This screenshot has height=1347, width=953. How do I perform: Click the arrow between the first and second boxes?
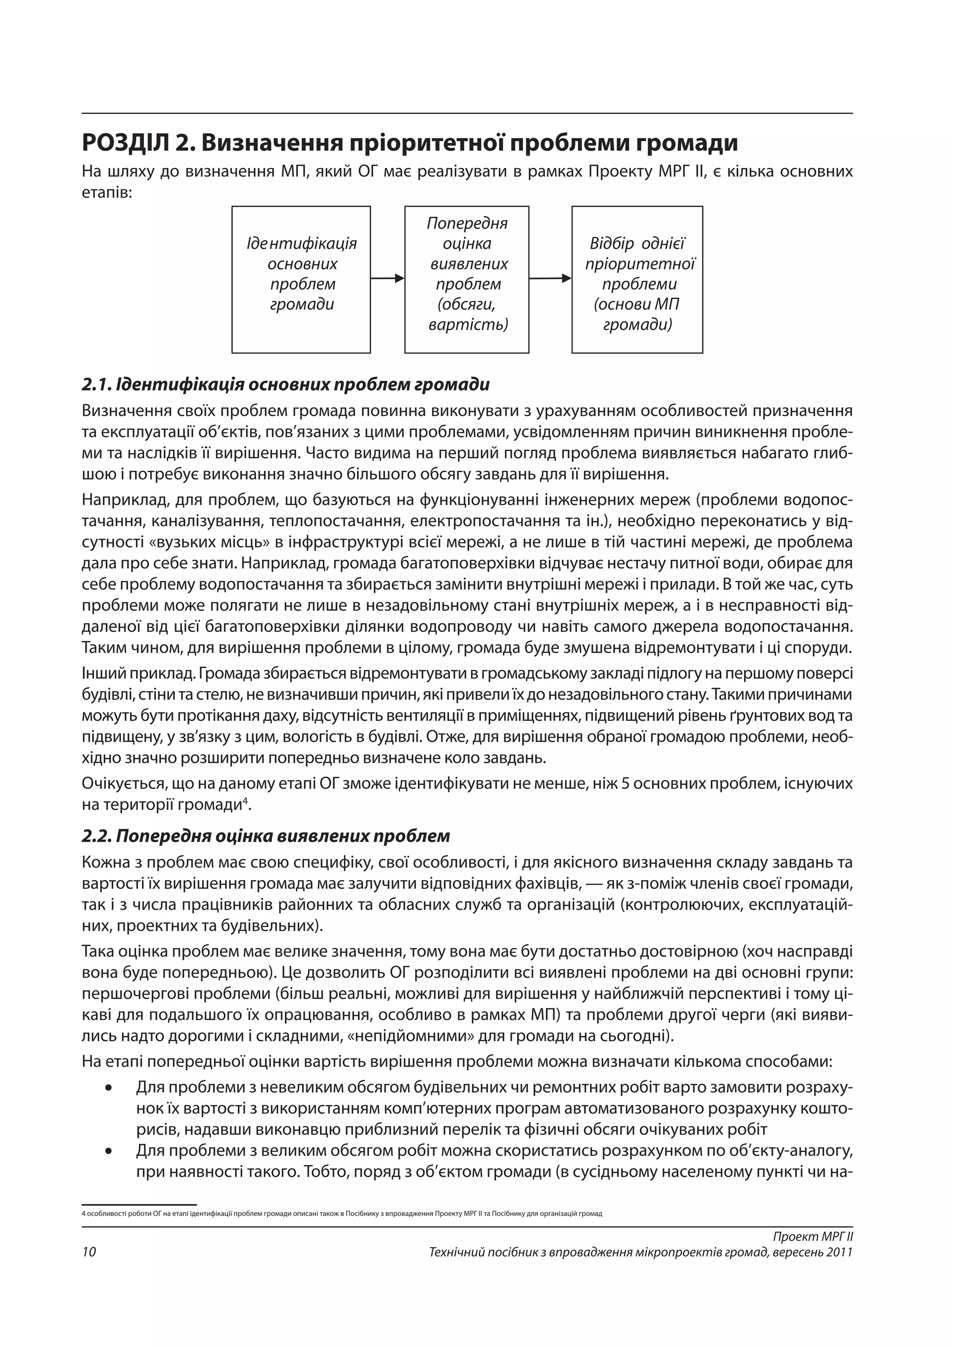(x=387, y=278)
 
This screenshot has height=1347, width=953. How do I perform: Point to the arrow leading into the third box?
(x=550, y=278)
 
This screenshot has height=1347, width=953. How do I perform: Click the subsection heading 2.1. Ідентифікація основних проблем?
(x=285, y=385)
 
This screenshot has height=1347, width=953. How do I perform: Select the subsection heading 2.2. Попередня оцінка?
(x=266, y=836)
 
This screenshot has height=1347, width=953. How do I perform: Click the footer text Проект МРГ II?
(x=812, y=1236)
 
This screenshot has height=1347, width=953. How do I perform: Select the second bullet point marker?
(x=108, y=1151)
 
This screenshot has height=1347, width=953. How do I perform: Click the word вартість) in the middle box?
(x=468, y=325)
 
